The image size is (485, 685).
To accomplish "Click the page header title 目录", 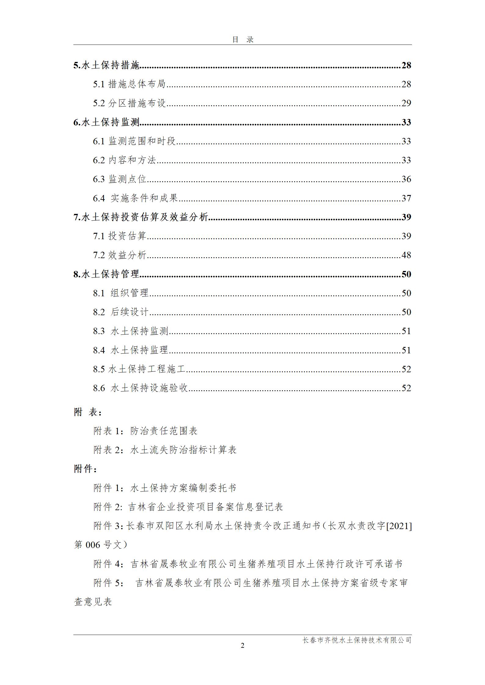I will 243,40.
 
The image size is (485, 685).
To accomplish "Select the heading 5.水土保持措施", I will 106,65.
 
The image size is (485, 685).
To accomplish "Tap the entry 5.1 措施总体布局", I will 129,84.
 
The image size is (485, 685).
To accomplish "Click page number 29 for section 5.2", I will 406,103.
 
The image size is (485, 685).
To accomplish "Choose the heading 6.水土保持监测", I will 106,122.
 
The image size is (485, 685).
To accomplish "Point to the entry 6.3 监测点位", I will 120,179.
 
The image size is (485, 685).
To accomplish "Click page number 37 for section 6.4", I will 406,198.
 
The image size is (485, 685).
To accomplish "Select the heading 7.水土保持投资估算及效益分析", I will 141,217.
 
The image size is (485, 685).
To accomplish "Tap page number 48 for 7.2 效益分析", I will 406,255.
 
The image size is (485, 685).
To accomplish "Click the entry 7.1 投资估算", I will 120,236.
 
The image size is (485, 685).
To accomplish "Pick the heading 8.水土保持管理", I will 106,274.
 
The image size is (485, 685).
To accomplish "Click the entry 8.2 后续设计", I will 121,312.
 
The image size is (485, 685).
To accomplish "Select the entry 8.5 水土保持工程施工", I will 139,369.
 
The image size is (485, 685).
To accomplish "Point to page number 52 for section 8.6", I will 406,388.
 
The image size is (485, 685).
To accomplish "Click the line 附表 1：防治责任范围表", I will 145,431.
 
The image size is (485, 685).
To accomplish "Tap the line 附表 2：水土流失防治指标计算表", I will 165,450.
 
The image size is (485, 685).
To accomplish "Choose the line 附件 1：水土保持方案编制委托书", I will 165,488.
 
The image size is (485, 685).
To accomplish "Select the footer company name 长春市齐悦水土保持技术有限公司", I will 357,640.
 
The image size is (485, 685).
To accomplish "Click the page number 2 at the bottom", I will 243,646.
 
